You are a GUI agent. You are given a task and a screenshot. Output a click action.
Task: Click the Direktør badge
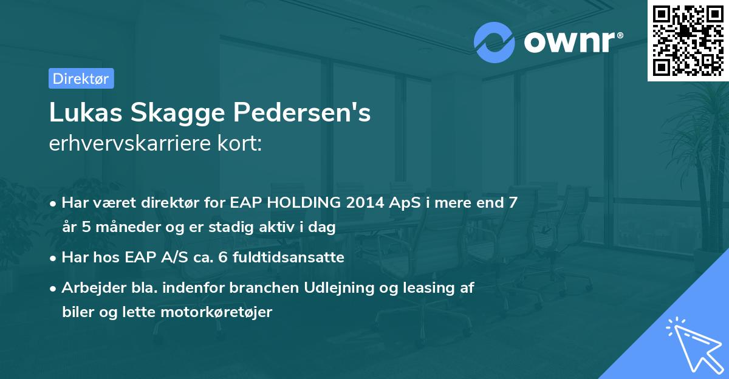81,78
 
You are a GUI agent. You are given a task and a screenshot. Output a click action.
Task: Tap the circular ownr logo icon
495,42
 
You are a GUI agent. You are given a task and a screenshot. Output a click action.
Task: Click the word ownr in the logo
572,42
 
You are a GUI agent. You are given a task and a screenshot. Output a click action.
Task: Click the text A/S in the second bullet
177,258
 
